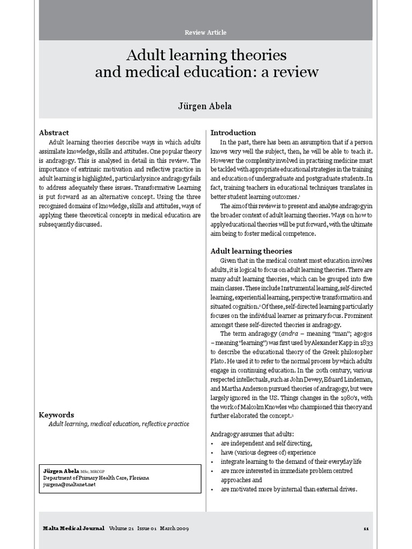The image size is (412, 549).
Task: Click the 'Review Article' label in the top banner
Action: click(x=205, y=33)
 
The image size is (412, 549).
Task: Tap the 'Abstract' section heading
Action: click(x=54, y=132)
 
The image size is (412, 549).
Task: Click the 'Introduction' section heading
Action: click(x=233, y=132)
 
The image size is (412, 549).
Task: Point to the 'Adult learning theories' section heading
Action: click(x=251, y=251)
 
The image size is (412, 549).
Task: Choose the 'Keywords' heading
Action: click(x=56, y=415)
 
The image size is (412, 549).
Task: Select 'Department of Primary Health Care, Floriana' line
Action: click(x=97, y=478)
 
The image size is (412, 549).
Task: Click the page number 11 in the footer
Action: click(x=366, y=529)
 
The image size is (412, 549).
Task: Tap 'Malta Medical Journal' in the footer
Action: click(x=74, y=529)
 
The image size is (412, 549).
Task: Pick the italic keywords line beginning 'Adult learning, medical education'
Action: click(x=119, y=424)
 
